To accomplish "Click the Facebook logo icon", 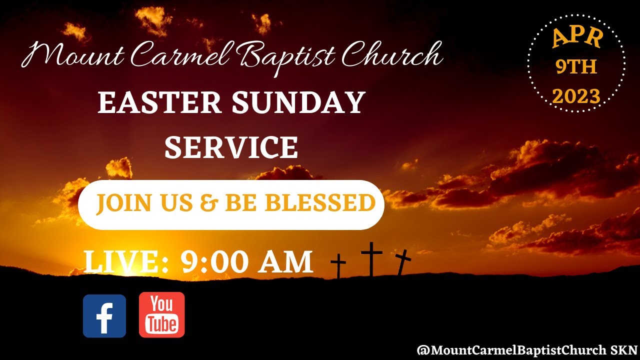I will (104, 316).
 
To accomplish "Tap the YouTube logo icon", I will (161, 315).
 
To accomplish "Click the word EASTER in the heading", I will (159, 102).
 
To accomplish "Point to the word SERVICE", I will (231, 148).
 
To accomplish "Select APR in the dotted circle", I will (577, 38).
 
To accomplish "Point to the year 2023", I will (576, 96).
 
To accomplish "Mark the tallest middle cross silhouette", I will (371, 258).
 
